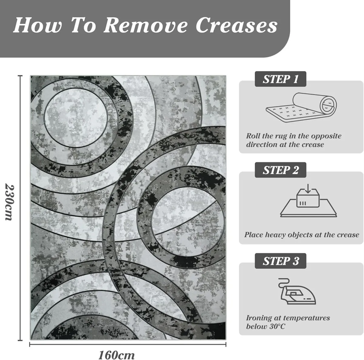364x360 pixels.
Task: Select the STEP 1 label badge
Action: pos(280,79)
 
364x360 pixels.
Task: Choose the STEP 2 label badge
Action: pos(280,170)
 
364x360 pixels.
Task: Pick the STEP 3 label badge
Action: pos(280,261)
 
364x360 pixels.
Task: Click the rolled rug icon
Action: pos(301,107)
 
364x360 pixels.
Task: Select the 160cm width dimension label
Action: pos(116,355)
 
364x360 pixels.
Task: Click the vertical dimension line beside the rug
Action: pos(20,208)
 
